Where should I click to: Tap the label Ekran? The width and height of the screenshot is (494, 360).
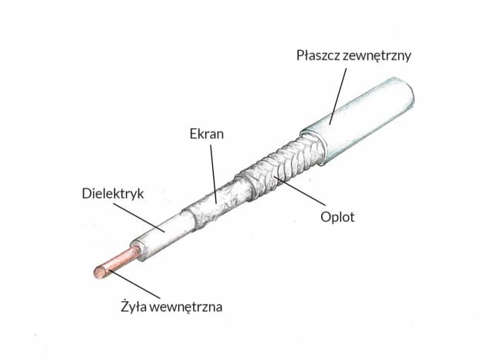(207, 133)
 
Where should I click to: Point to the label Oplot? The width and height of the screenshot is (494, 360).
(337, 216)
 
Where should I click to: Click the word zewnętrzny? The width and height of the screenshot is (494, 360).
(379, 56)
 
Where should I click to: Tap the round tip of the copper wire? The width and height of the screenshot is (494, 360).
(100, 272)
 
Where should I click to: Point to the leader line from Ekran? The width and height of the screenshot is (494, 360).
(212, 170)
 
